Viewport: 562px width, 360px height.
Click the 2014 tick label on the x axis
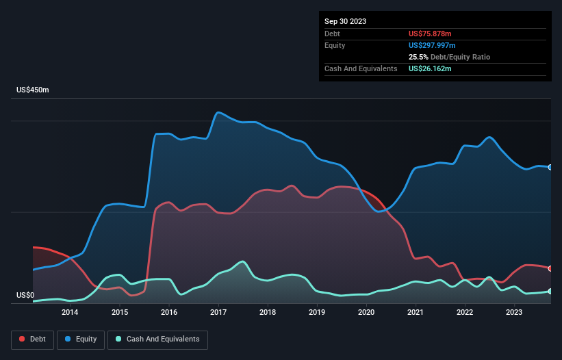pos(70,313)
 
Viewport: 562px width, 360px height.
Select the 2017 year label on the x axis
pos(218,313)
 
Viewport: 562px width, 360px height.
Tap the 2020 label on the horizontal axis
pos(366,313)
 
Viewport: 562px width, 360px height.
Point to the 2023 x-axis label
pos(514,313)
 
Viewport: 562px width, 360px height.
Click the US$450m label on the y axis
pos(33,90)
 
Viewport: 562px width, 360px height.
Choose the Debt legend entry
pos(31,339)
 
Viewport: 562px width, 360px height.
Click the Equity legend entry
pos(81,339)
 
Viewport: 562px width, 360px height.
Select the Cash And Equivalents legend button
pos(157,339)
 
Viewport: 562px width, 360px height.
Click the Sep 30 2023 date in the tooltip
pos(346,21)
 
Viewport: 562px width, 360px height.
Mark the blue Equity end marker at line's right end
pos(550,167)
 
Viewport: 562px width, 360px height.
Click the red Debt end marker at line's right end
pos(550,268)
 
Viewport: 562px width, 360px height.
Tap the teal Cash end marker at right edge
pos(550,292)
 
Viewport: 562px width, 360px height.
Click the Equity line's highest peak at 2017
pos(218,113)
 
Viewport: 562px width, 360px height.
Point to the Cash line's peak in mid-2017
pos(242,261)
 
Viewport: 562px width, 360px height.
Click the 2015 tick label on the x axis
pos(119,313)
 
